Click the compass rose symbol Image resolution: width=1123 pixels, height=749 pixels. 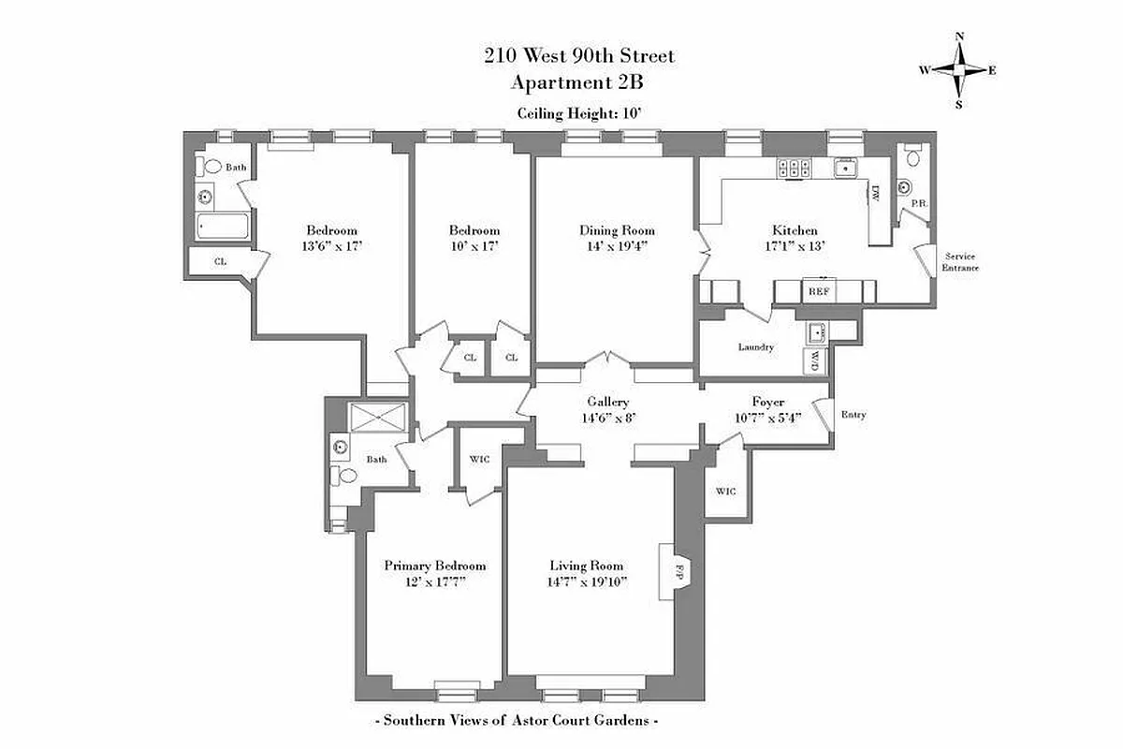958,70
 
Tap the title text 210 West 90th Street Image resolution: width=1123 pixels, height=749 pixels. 578,56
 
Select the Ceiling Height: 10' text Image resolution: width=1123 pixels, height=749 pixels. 578,113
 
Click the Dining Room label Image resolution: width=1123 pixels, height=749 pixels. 617,230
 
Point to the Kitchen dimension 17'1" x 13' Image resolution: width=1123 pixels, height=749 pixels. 795,246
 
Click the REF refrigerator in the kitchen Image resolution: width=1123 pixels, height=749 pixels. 819,292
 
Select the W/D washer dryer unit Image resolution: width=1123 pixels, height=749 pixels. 815,360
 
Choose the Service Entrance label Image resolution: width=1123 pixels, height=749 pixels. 961,261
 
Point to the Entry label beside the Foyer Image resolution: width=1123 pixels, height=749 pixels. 853,415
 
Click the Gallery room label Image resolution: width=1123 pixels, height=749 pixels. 607,402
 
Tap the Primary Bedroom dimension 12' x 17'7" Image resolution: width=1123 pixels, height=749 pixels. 434,581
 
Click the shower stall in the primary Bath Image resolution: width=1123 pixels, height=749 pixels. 378,418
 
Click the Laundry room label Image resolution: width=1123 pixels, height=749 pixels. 756,347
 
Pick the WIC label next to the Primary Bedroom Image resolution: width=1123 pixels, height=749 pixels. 479,459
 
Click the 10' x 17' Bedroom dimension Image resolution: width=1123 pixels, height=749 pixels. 474,246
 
